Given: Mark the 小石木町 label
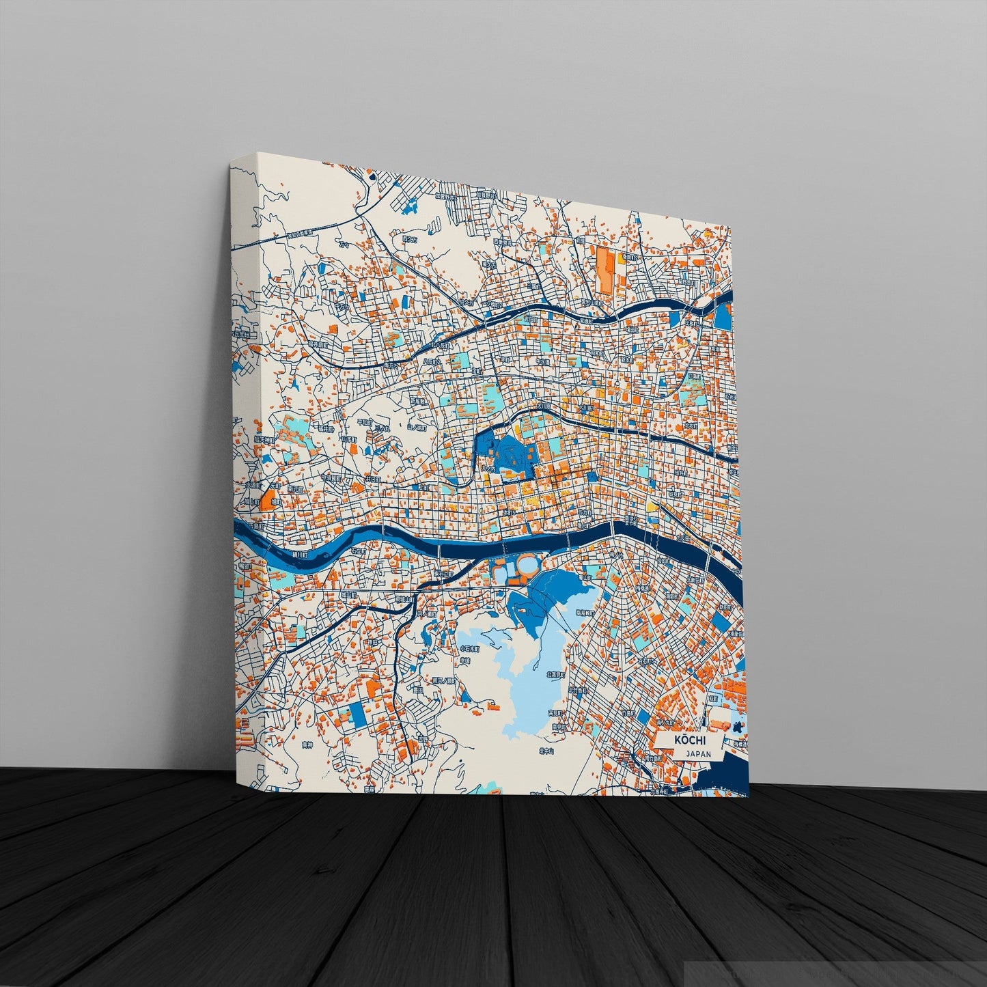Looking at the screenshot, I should pyautogui.click(x=469, y=648).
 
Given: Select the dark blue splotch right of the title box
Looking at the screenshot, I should pyautogui.click(x=738, y=729).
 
